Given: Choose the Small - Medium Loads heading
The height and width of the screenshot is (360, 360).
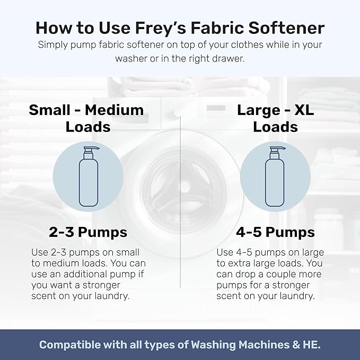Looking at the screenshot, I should coord(86,118).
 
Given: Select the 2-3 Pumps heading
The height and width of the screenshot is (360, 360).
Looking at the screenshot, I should coord(87,232).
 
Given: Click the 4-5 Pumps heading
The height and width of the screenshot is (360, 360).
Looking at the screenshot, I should coord(275,232).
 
